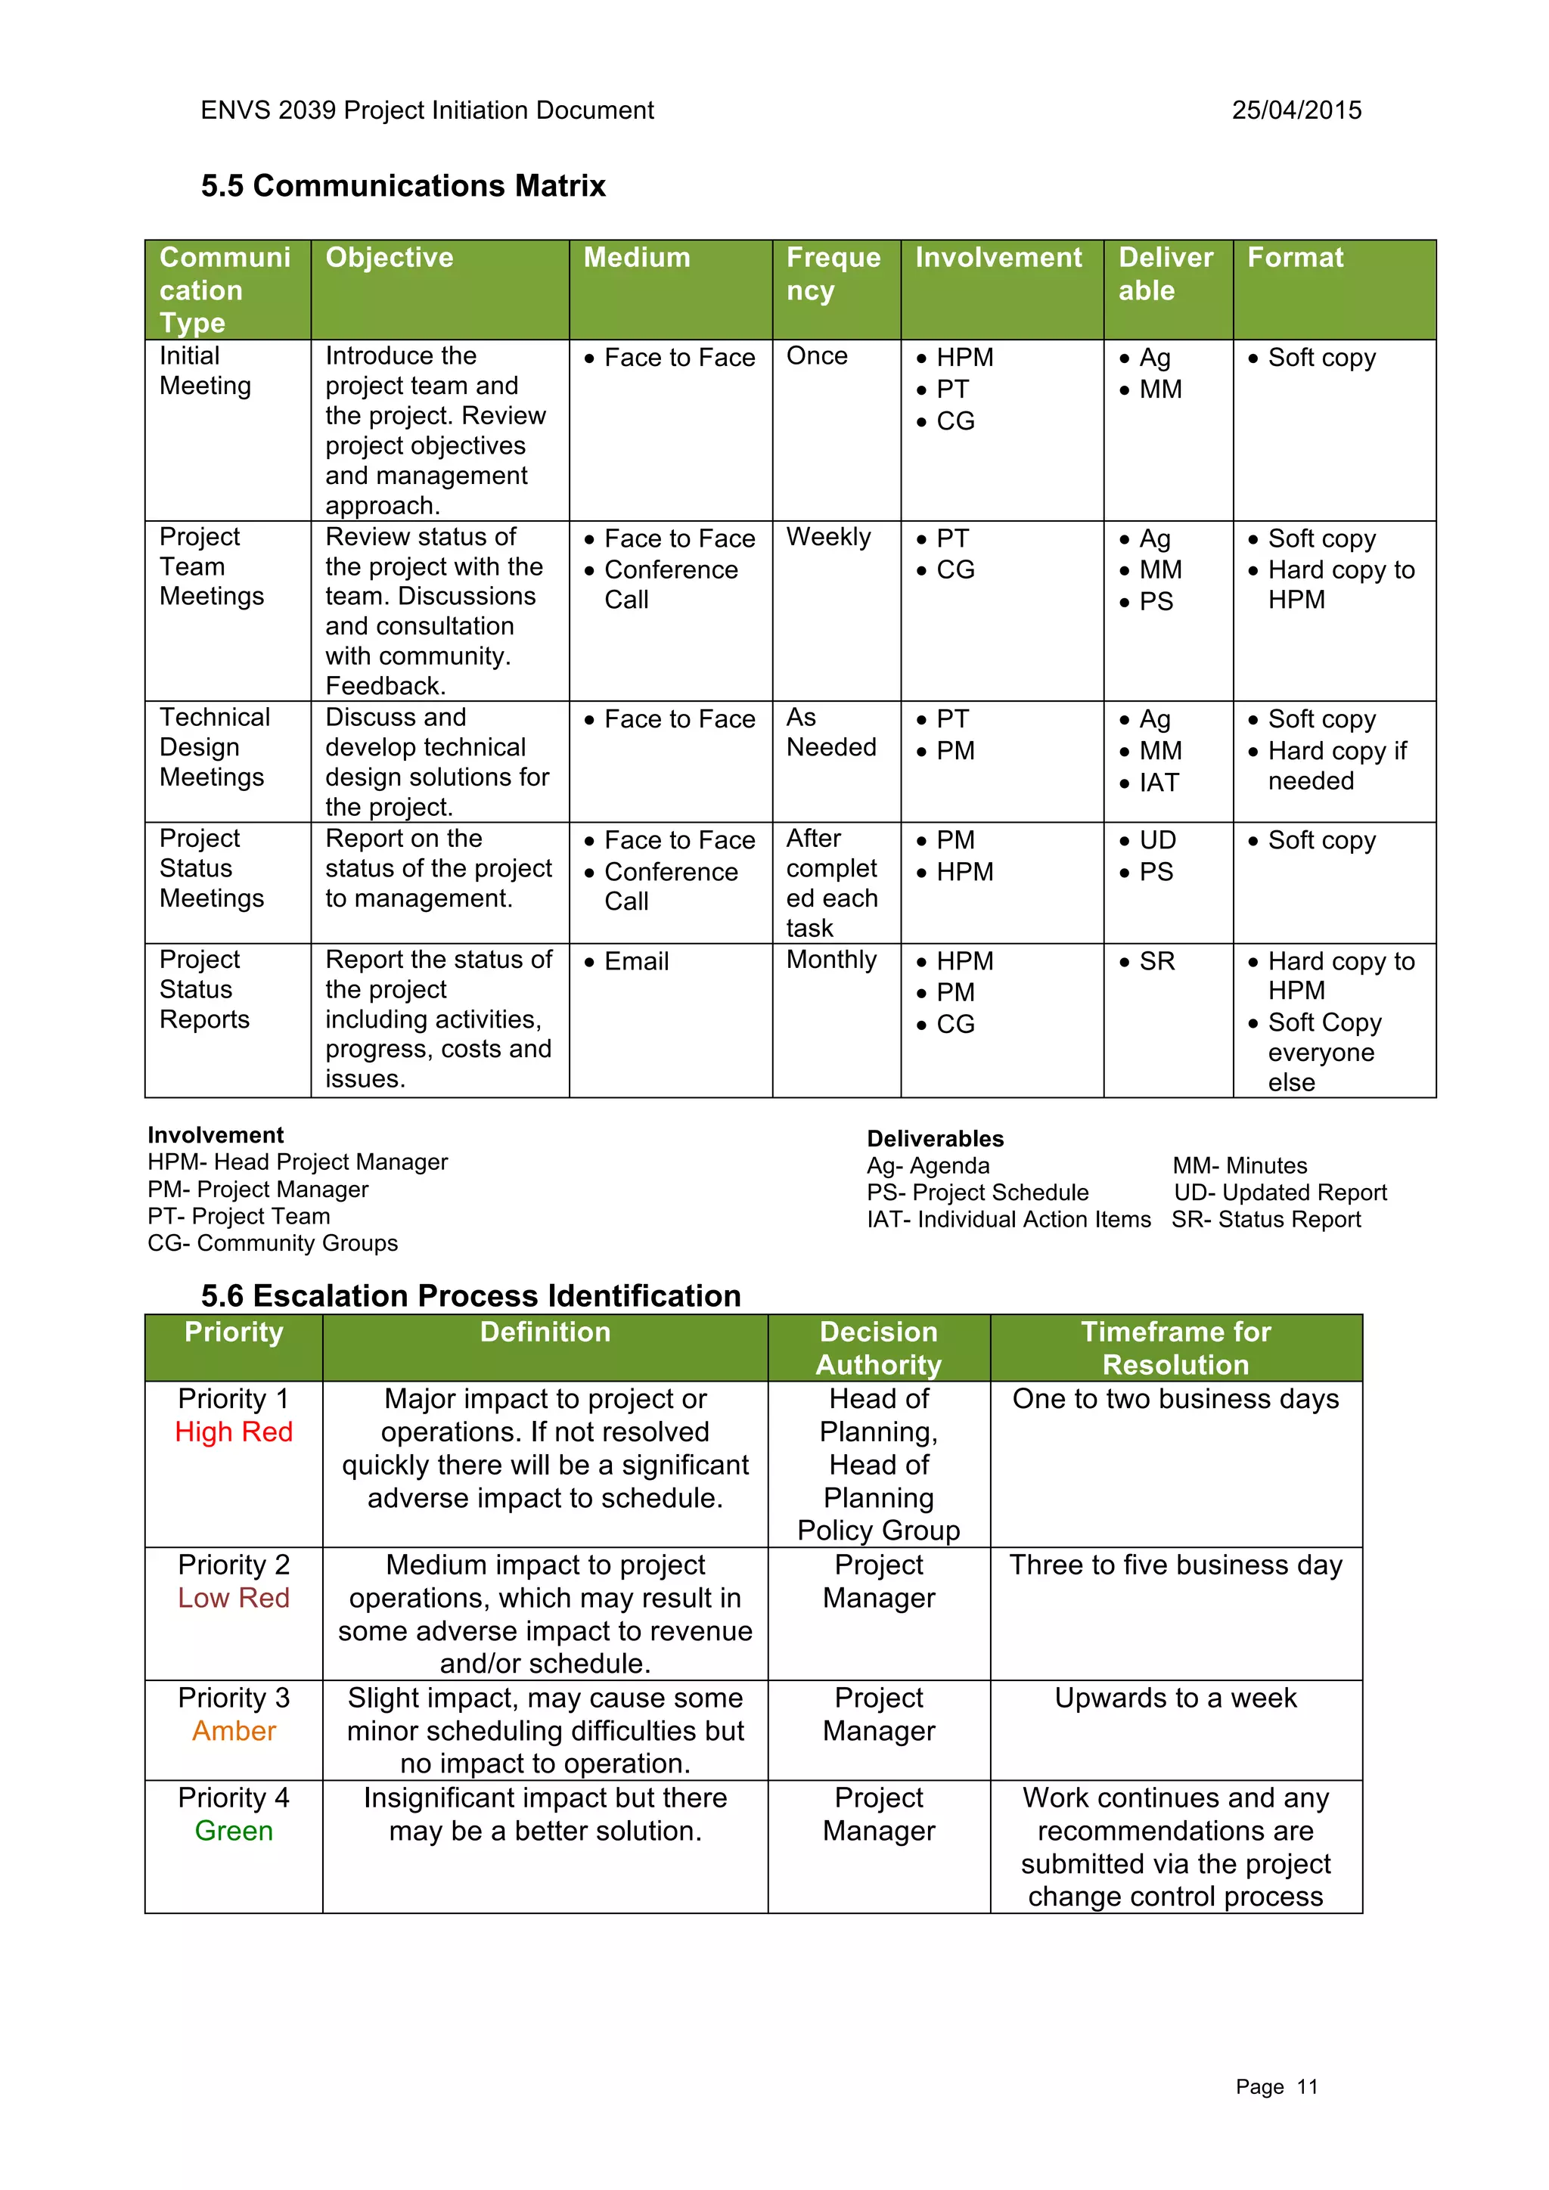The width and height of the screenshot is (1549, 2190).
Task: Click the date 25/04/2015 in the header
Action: [x=1296, y=110]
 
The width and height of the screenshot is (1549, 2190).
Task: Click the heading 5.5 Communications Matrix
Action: [x=403, y=185]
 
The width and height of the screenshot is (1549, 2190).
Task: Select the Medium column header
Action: [x=636, y=258]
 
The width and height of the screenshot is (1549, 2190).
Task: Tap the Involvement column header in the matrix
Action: [x=998, y=258]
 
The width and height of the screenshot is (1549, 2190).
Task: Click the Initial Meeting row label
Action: [x=205, y=371]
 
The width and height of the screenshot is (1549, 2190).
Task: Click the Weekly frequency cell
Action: [x=828, y=537]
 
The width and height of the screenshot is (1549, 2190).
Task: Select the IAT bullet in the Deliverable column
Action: [x=1159, y=783]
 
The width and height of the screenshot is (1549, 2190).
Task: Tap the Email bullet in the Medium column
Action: [x=636, y=961]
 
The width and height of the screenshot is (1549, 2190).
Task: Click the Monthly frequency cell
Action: [x=830, y=960]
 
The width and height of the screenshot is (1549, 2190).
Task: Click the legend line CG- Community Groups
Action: [x=273, y=1243]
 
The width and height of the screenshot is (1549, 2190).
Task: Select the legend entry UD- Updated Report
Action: [x=1280, y=1193]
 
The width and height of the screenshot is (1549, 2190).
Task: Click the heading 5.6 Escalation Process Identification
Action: [x=470, y=1295]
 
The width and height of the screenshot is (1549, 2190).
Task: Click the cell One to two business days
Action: [x=1175, y=1398]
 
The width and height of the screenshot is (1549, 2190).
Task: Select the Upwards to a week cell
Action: [x=1175, y=1698]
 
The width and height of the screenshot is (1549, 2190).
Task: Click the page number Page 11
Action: [x=1275, y=2087]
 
